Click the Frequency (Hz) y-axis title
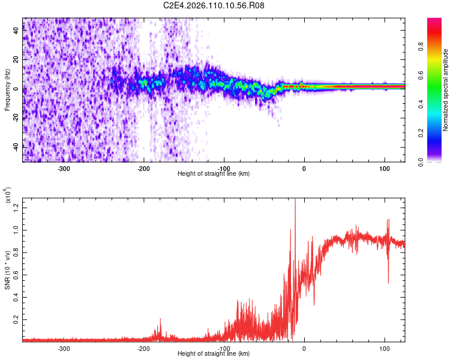(x=7, y=90)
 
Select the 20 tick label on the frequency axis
(x=16, y=59)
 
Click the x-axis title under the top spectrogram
(x=214, y=173)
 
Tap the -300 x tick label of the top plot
(x=64, y=168)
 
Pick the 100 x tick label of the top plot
(x=384, y=168)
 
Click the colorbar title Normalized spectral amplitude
(x=446, y=90)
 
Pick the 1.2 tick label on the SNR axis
(x=16, y=207)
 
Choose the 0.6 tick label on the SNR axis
(x=16, y=274)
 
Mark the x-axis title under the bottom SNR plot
(x=214, y=353)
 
